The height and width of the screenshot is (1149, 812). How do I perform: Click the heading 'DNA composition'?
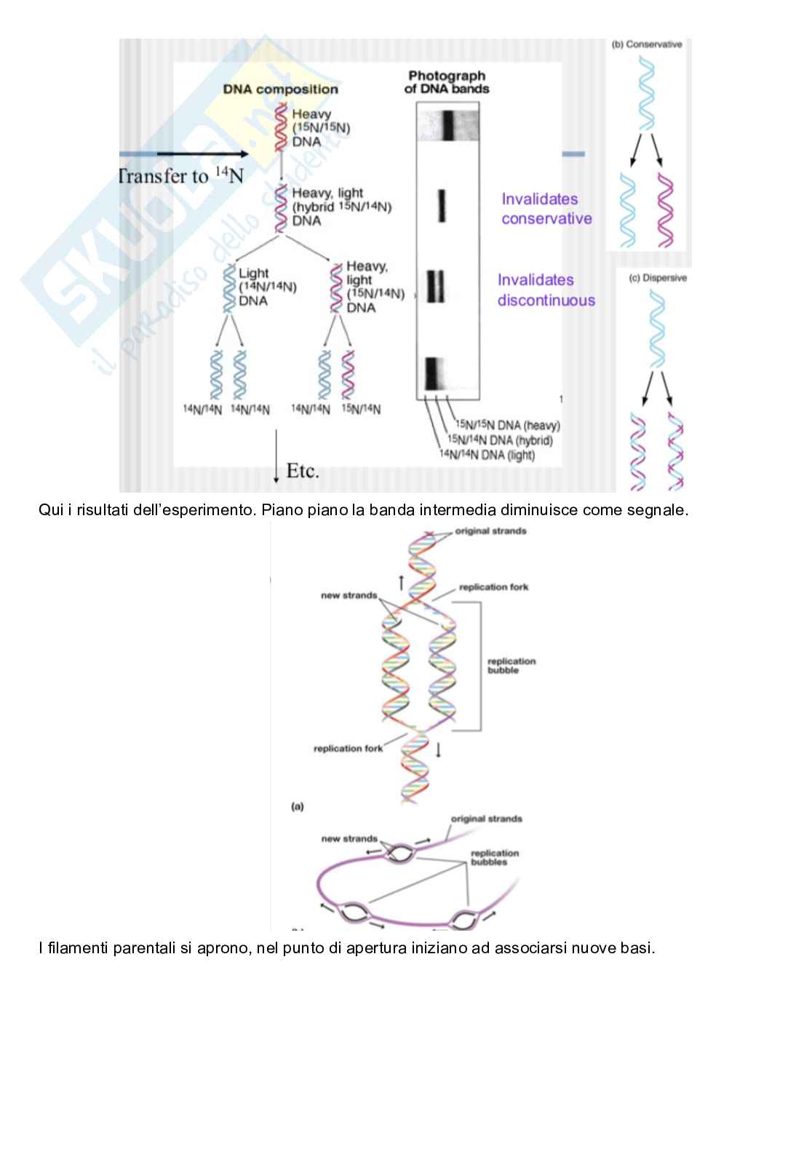[280, 90]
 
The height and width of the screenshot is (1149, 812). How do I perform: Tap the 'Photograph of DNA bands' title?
[447, 81]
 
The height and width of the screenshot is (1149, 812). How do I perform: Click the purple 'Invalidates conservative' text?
[546, 209]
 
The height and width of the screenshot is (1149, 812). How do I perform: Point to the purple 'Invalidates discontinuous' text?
[546, 290]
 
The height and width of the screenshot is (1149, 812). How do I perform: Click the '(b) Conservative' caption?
[647, 44]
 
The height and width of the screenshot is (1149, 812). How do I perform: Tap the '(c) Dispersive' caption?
[658, 278]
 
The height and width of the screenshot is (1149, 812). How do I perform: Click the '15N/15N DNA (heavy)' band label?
[507, 425]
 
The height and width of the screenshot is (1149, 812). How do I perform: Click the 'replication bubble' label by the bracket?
[511, 665]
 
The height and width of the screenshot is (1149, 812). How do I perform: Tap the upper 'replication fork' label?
[493, 587]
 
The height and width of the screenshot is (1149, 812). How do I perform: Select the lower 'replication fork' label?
[348, 748]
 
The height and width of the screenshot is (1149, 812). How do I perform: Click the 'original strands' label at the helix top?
[490, 531]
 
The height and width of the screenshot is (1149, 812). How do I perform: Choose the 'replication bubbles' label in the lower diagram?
[494, 857]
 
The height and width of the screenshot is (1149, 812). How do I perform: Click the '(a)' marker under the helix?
[298, 806]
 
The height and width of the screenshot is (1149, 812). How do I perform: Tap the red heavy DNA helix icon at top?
[279, 127]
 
